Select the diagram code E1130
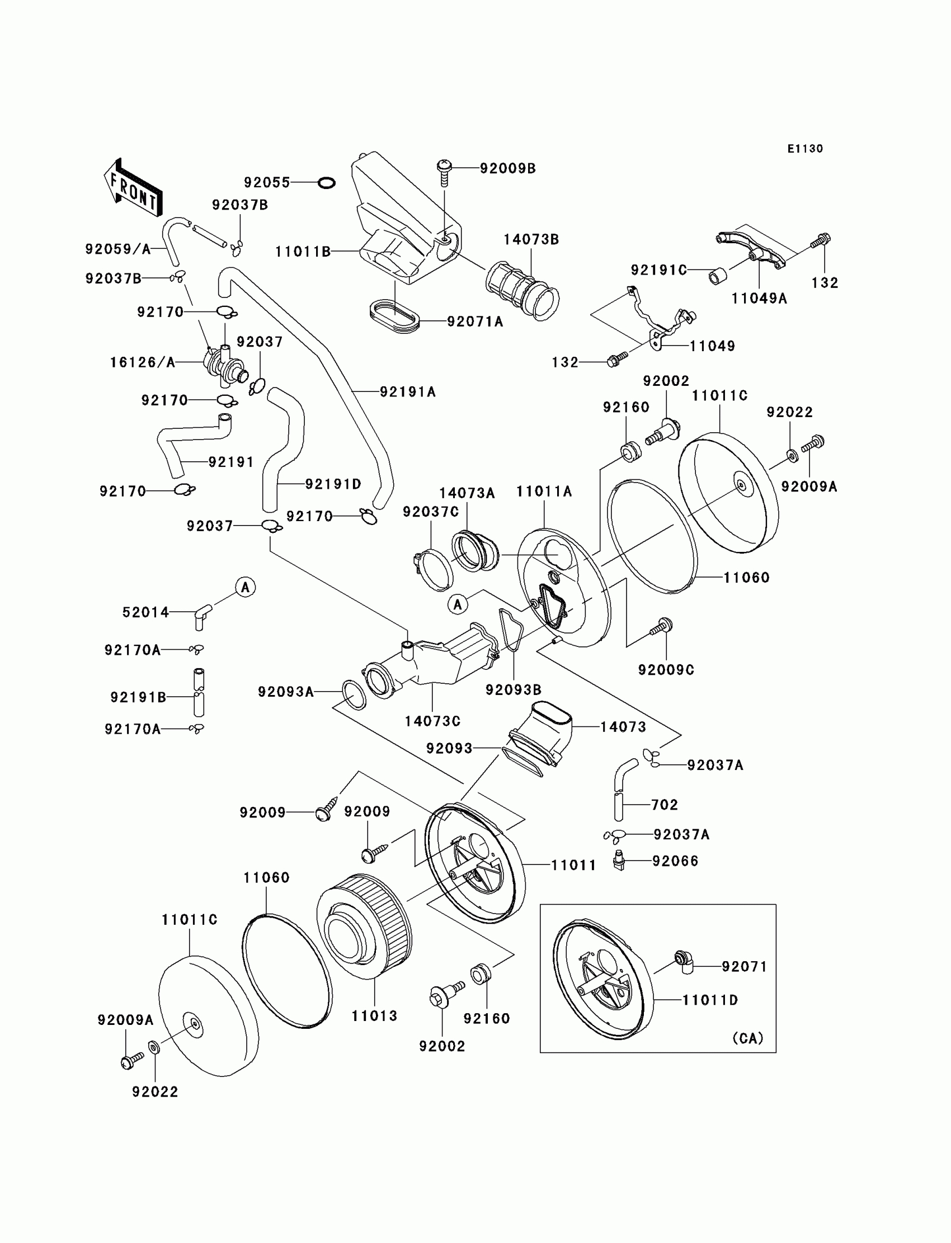[x=805, y=149]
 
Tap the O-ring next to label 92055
[x=327, y=183]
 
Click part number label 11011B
[x=303, y=252]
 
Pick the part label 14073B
[x=531, y=239]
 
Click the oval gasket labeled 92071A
[x=394, y=316]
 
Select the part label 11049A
[x=759, y=298]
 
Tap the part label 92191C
[x=659, y=271]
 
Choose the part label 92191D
[x=333, y=484]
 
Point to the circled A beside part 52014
[x=246, y=587]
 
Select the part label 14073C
[x=432, y=721]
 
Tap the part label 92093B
[x=514, y=689]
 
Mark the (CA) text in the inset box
[x=747, y=1038]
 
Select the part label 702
[x=664, y=805]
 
